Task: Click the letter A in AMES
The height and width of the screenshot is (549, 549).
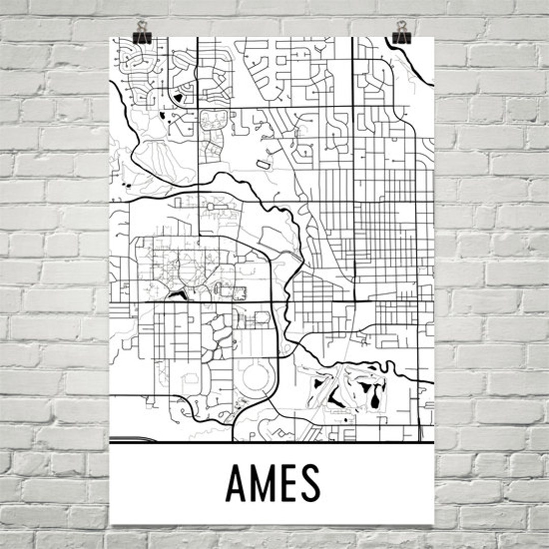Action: (x=237, y=483)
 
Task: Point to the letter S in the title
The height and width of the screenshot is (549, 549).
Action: (x=311, y=483)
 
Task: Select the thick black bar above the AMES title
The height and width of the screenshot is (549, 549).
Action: (x=272, y=443)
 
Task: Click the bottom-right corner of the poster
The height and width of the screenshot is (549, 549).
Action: (x=434, y=524)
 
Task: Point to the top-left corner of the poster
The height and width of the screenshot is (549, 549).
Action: (x=110, y=37)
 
